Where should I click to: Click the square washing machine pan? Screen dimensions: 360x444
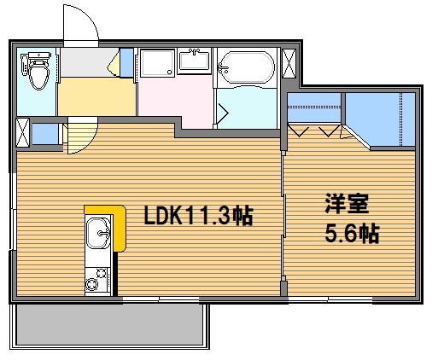point(157,66)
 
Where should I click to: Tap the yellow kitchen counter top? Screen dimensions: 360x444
point(118,226)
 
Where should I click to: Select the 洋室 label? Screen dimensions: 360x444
point(345,204)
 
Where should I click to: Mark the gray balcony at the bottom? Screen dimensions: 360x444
point(110,326)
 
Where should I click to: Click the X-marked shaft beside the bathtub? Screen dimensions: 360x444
point(289,65)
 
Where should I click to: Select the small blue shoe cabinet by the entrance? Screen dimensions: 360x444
point(126,64)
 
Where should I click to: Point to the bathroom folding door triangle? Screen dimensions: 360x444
point(225,112)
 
